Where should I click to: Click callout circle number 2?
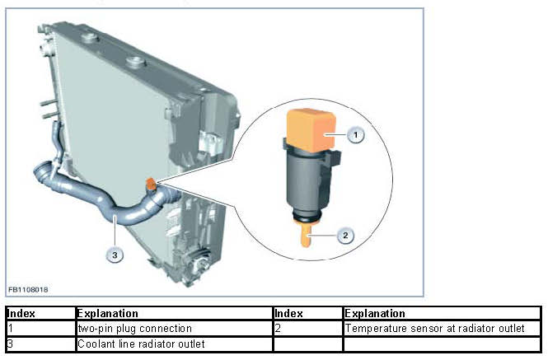(345, 236)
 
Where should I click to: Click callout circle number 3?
(115, 255)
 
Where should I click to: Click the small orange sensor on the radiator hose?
(151, 183)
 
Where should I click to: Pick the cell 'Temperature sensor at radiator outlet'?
(436, 329)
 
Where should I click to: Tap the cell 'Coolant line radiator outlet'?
(141, 344)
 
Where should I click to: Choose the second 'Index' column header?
(289, 314)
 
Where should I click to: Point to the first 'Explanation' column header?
(107, 314)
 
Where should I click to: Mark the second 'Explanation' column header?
(376, 314)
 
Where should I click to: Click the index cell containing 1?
(40, 329)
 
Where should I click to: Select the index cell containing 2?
(307, 329)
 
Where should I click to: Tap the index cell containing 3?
(40, 344)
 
